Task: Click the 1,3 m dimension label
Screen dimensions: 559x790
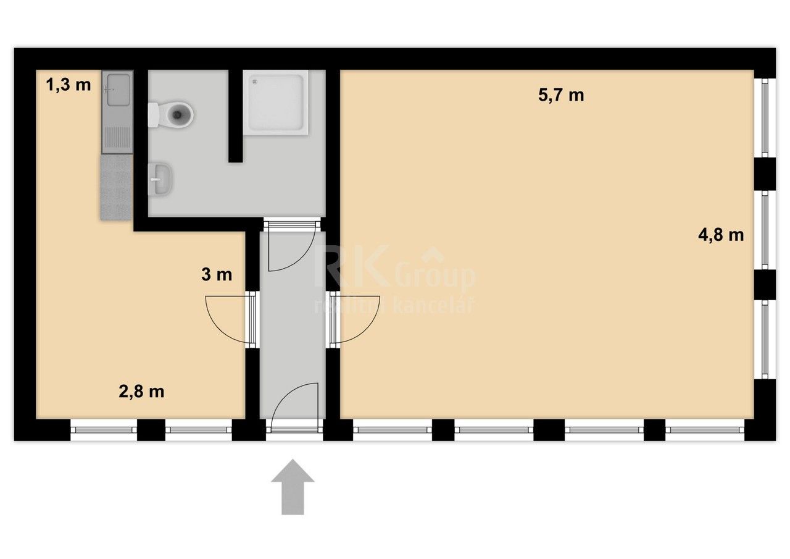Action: click(x=69, y=85)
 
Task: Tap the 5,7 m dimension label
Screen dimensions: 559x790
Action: click(x=561, y=95)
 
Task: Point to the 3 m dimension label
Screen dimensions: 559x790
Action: click(x=217, y=275)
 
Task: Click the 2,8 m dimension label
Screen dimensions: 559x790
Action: click(x=141, y=391)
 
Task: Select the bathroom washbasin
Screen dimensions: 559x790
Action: click(x=161, y=180)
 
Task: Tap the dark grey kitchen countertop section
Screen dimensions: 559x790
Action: click(x=115, y=187)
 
